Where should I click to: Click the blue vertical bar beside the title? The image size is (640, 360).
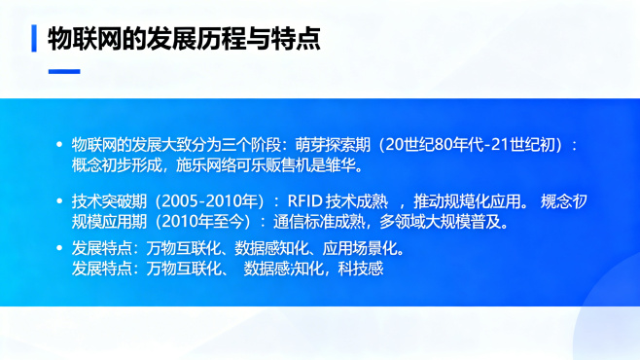click(35, 38)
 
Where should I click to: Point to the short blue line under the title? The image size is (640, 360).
click(64, 70)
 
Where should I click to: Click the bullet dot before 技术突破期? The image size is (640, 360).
click(59, 201)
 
